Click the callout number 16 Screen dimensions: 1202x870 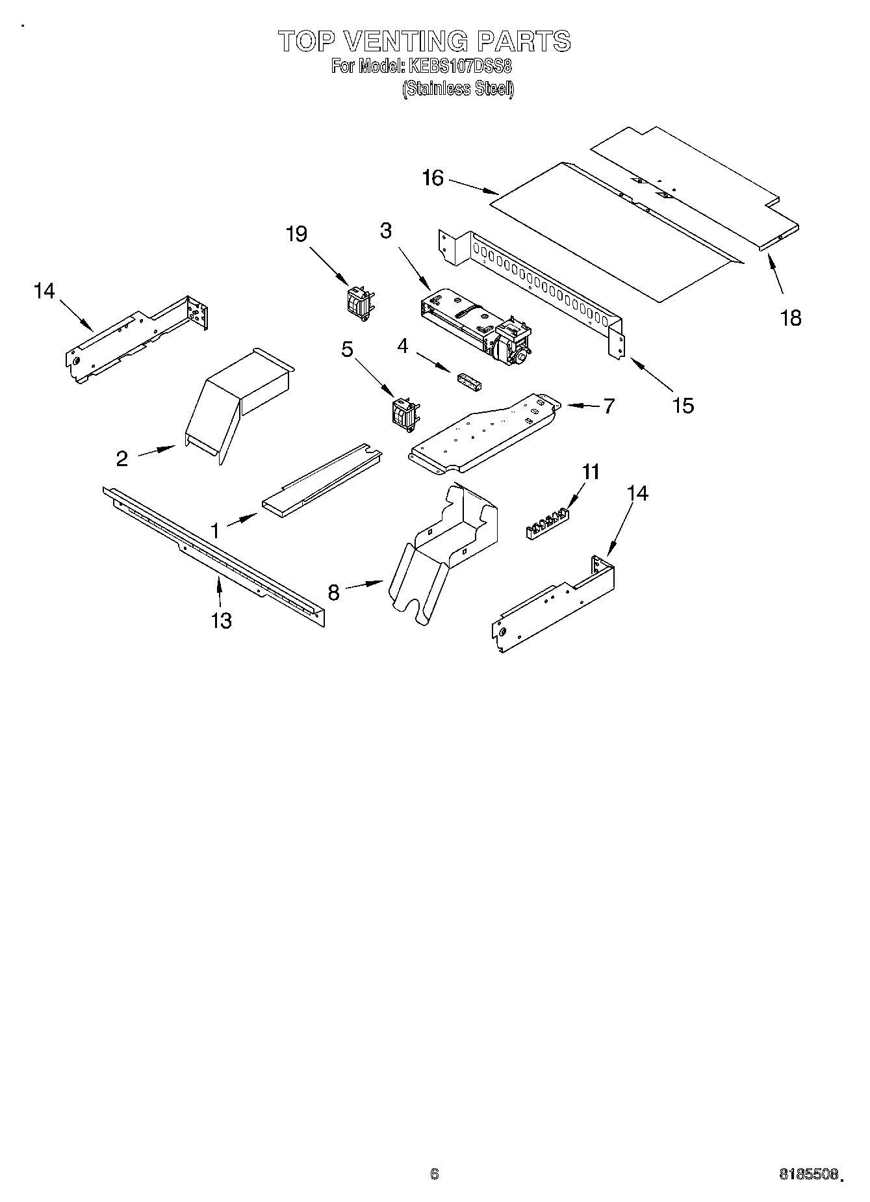[433, 177]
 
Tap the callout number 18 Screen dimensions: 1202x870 [791, 318]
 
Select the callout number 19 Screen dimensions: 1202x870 [297, 233]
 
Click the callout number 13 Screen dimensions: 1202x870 [222, 621]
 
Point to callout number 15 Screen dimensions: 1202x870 [683, 405]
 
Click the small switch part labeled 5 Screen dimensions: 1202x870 [403, 415]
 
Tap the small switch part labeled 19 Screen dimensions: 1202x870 [359, 303]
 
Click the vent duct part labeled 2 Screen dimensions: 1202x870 [237, 400]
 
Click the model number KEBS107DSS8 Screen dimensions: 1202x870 [459, 66]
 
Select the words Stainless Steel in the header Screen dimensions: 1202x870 [458, 89]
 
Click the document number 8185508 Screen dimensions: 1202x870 [809, 1175]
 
